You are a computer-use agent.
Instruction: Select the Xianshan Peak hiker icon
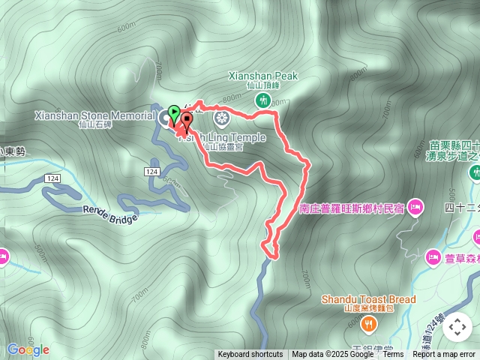pyautogui.click(x=262, y=100)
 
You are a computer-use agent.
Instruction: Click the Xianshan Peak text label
pyautogui.click(x=262, y=76)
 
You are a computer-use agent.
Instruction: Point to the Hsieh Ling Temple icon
pyautogui.click(x=222, y=117)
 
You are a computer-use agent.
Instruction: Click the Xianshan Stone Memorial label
pyautogui.click(x=94, y=115)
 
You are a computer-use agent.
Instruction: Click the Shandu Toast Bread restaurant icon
pyautogui.click(x=368, y=324)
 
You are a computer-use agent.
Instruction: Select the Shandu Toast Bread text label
pyautogui.click(x=368, y=299)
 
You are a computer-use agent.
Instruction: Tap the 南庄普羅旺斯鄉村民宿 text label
pyautogui.click(x=352, y=207)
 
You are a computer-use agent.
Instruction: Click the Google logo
pyautogui.click(x=28, y=349)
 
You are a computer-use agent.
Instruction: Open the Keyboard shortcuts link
pyautogui.click(x=250, y=355)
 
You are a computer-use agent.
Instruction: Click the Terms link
pyautogui.click(x=393, y=355)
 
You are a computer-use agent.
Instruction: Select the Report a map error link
pyautogui.click(x=444, y=355)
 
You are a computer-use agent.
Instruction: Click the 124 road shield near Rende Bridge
pyautogui.click(x=52, y=178)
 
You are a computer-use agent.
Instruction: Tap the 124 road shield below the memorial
pyautogui.click(x=152, y=172)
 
